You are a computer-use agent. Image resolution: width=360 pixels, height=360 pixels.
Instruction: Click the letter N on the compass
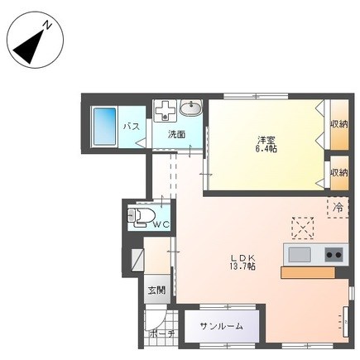click(x=48, y=26)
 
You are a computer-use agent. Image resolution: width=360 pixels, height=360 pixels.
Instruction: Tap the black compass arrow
click(x=28, y=46)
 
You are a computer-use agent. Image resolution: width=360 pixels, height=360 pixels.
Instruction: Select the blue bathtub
click(x=104, y=127)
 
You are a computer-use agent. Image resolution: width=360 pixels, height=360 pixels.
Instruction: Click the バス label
click(x=132, y=127)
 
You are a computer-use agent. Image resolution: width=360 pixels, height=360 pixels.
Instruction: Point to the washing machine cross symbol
click(x=165, y=111)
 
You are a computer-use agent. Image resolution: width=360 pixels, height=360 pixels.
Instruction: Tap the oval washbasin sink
click(x=191, y=108)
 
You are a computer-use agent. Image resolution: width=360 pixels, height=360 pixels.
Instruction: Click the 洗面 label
click(x=176, y=134)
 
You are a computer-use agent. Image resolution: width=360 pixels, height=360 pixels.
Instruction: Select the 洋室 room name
click(x=266, y=140)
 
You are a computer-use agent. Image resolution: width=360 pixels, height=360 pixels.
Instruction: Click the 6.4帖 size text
click(x=266, y=149)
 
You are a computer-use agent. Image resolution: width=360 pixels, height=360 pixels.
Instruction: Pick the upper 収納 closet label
click(x=339, y=124)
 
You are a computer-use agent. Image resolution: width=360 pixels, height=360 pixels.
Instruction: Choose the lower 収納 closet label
click(x=339, y=173)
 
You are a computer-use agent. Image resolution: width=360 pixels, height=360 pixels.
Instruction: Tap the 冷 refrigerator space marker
click(x=338, y=208)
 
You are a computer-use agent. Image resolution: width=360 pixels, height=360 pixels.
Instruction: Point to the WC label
click(x=161, y=224)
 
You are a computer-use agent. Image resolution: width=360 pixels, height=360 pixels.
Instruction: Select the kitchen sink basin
click(x=300, y=254)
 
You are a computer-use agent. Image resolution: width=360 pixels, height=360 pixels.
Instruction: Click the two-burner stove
click(x=334, y=254)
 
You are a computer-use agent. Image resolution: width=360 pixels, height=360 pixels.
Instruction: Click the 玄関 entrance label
click(x=156, y=290)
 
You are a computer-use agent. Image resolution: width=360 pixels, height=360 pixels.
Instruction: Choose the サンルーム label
click(x=222, y=326)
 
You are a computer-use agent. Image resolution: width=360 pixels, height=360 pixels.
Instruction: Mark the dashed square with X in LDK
click(x=303, y=228)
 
